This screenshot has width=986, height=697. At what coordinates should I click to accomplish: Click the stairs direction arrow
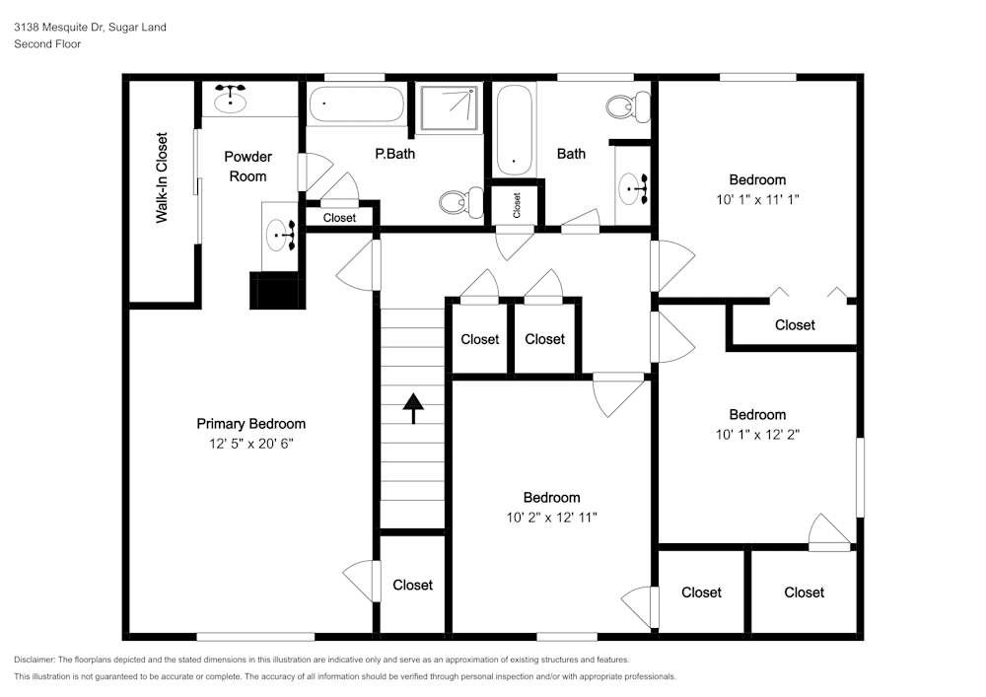point(413,408)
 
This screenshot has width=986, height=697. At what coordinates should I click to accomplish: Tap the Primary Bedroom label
point(250,424)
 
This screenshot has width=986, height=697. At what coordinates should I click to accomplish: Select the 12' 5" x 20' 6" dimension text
point(250,444)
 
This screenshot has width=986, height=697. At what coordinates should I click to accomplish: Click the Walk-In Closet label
point(162,177)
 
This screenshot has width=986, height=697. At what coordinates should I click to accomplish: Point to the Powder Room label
point(247,167)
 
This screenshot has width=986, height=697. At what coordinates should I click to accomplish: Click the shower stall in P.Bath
point(449,108)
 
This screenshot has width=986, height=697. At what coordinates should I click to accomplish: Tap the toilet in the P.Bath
point(460,202)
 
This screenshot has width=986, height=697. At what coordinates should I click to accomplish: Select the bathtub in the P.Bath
point(356,104)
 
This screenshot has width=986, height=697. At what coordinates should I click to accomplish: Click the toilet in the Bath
point(627,106)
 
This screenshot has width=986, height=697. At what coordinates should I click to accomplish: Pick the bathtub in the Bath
point(515,130)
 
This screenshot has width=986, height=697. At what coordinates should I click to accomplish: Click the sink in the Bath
point(634,188)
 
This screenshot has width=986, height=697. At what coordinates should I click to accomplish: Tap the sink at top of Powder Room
point(230,98)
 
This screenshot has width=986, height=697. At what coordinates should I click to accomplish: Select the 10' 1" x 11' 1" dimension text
point(757,200)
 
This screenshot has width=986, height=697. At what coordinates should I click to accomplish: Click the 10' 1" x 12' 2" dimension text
point(757,435)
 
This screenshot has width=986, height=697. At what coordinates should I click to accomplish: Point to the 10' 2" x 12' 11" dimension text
point(551,518)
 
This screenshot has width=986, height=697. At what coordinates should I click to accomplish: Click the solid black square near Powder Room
point(277,291)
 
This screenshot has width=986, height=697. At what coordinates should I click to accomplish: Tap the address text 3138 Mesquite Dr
point(59,27)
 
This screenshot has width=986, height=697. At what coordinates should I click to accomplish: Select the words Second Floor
point(47,44)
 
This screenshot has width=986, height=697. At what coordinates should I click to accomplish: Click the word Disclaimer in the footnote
point(34,660)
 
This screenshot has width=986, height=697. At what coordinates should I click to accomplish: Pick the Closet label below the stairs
point(412,586)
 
